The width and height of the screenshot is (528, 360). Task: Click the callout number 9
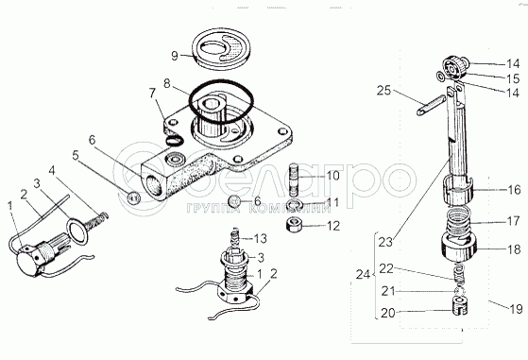point(175,55)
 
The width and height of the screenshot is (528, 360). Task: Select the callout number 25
point(383,91)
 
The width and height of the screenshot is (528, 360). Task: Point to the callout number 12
point(333,226)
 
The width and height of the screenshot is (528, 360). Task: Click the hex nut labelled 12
point(294,225)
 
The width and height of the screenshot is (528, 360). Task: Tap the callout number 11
point(332,203)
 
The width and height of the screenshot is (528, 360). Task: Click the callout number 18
point(514,249)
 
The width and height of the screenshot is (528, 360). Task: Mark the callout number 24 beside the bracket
point(363,275)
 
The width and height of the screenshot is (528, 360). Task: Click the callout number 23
point(385,242)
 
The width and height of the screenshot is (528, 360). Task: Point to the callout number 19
point(516,308)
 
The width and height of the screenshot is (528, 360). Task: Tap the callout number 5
point(76,155)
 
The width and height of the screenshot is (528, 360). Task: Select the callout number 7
point(152,93)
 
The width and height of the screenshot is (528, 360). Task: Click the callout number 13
point(260,239)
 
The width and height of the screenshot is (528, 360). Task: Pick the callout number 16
point(514,190)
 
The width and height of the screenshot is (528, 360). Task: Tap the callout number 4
point(52,170)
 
